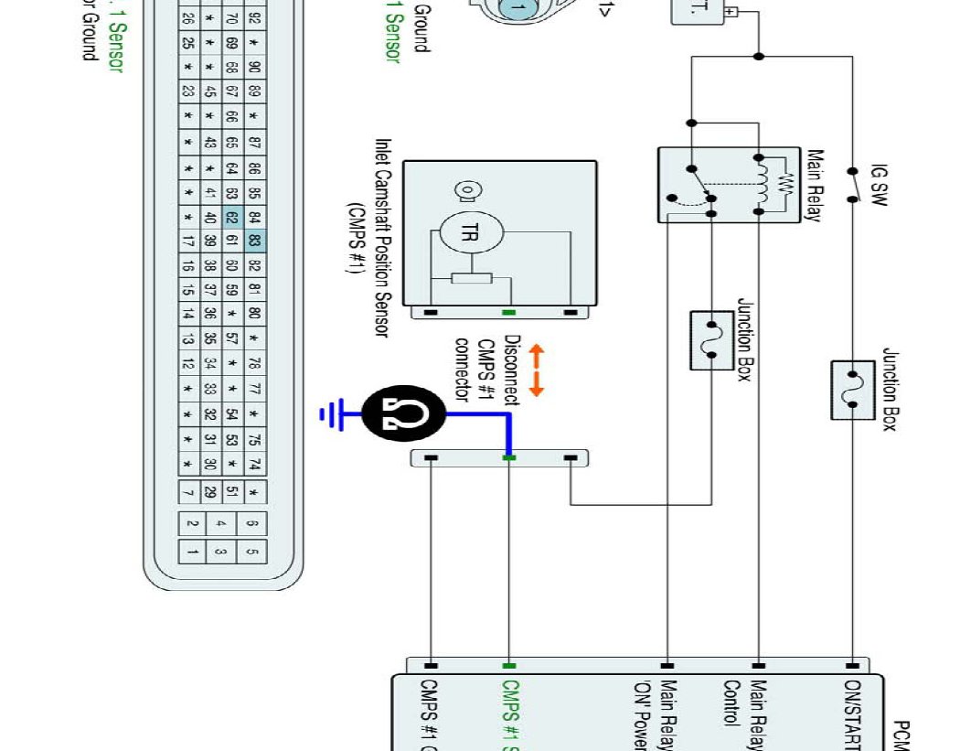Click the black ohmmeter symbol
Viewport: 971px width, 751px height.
pyautogui.click(x=403, y=415)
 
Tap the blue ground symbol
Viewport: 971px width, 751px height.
pyautogui.click(x=328, y=415)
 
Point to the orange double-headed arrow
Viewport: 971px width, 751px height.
pyautogui.click(x=537, y=370)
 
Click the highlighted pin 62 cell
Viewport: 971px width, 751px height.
pyautogui.click(x=231, y=219)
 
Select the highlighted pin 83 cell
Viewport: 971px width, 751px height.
pyautogui.click(x=255, y=241)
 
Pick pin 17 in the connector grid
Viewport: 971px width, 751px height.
pyautogui.click(x=187, y=241)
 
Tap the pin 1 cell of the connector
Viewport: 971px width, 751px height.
pyautogui.click(x=193, y=552)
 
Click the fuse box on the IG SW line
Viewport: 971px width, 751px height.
pyautogui.click(x=853, y=390)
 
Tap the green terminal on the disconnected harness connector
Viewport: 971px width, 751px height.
pyautogui.click(x=509, y=457)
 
